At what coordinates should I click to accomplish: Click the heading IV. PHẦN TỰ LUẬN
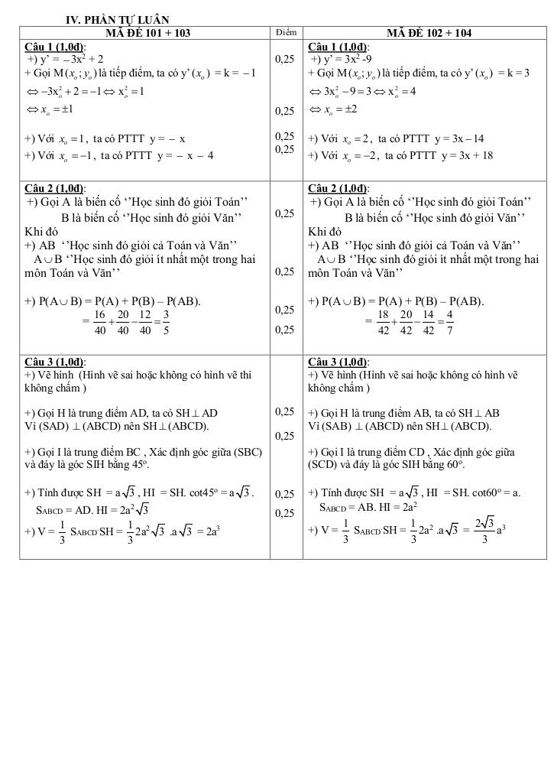(118, 19)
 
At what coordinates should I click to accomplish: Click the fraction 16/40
(99, 322)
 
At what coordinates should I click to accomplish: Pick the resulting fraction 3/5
(166, 322)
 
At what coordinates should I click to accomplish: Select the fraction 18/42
(383, 322)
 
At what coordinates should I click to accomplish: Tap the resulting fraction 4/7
(450, 322)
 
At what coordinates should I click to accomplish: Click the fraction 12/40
(144, 322)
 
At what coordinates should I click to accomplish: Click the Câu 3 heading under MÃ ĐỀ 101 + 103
(55, 362)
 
